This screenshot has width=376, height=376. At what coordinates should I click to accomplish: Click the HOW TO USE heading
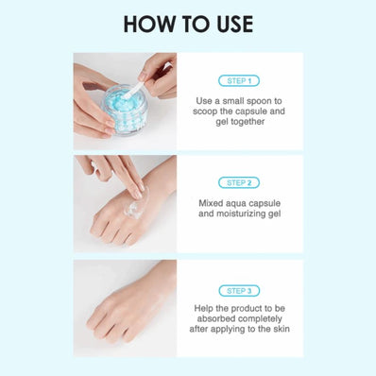pos(187,23)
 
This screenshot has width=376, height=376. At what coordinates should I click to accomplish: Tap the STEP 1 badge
pos(238,81)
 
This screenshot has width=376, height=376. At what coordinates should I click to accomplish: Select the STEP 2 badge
pos(238,182)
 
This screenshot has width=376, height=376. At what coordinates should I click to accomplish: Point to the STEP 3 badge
pos(238,290)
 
